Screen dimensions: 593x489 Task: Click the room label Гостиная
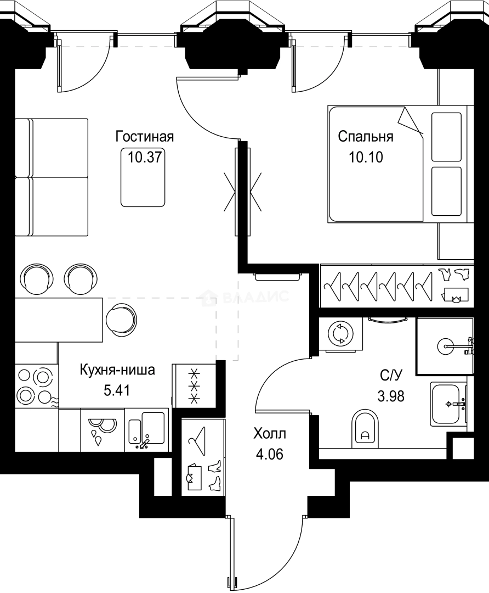click(144, 136)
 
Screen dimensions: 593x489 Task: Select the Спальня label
click(365, 136)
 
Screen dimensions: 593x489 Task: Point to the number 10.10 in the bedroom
click(365, 158)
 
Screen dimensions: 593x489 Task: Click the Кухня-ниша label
click(117, 370)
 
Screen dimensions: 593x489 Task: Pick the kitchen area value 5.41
click(117, 390)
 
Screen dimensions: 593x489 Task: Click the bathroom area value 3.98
click(392, 396)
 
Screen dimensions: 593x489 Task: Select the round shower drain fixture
click(447, 346)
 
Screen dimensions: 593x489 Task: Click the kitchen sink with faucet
click(146, 429)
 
